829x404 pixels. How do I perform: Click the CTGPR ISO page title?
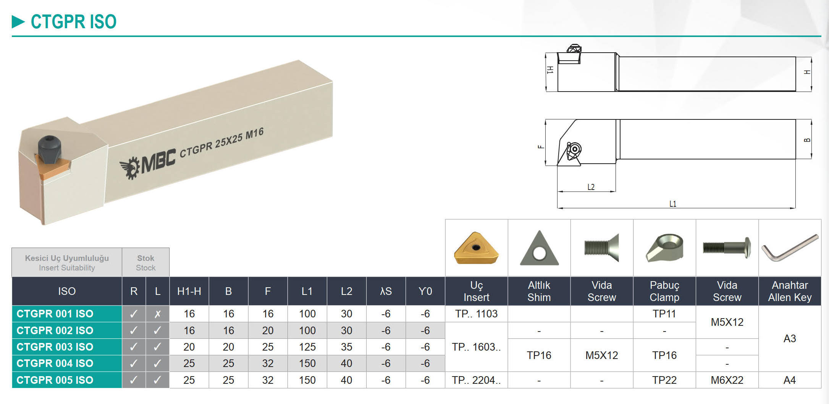coord(73,22)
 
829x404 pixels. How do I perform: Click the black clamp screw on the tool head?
coord(49,150)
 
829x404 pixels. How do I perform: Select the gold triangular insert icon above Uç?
coord(477,248)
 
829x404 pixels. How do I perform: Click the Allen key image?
coord(790,248)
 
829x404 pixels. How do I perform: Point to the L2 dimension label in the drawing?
coord(591,187)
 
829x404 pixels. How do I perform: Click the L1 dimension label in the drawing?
coord(673,204)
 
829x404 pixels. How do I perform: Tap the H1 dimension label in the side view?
coord(550,70)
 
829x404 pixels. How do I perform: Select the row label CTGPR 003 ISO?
coord(55,347)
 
